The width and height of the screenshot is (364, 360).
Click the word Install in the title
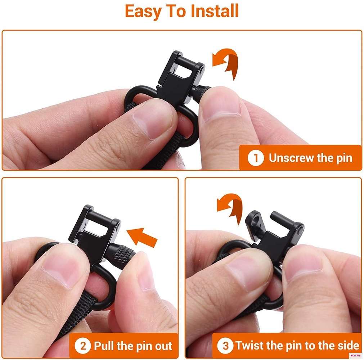(215, 11)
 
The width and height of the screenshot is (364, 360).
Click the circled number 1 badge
(256, 158)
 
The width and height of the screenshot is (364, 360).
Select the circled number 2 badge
(83, 346)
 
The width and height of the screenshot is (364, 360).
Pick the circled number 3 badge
(225, 345)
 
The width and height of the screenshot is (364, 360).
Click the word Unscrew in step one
(291, 158)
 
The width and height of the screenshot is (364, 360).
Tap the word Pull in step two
(104, 346)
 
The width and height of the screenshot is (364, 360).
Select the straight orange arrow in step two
(142, 237)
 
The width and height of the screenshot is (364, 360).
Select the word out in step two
(164, 346)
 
